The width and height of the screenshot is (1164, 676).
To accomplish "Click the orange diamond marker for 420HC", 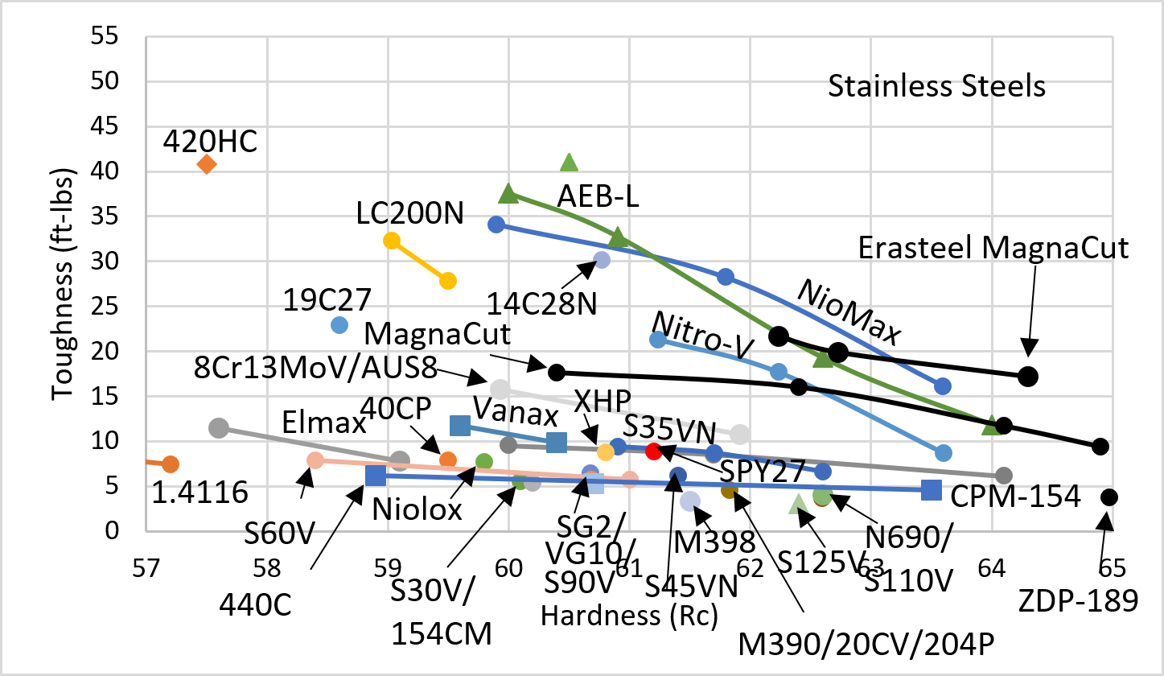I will (x=207, y=164).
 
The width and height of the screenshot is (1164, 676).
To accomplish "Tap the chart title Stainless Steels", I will (x=936, y=85).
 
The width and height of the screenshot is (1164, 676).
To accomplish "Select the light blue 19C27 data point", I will (x=339, y=325).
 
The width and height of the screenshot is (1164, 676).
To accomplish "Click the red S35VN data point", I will (x=654, y=451).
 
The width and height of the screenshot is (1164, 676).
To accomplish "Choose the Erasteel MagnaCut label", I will (x=993, y=247).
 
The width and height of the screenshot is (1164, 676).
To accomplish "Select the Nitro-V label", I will (x=701, y=336).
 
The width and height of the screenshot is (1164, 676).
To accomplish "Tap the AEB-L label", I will (x=598, y=196).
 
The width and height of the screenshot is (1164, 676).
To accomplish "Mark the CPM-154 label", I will (x=1014, y=497).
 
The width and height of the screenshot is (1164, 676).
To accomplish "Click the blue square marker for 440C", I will (x=376, y=476).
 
